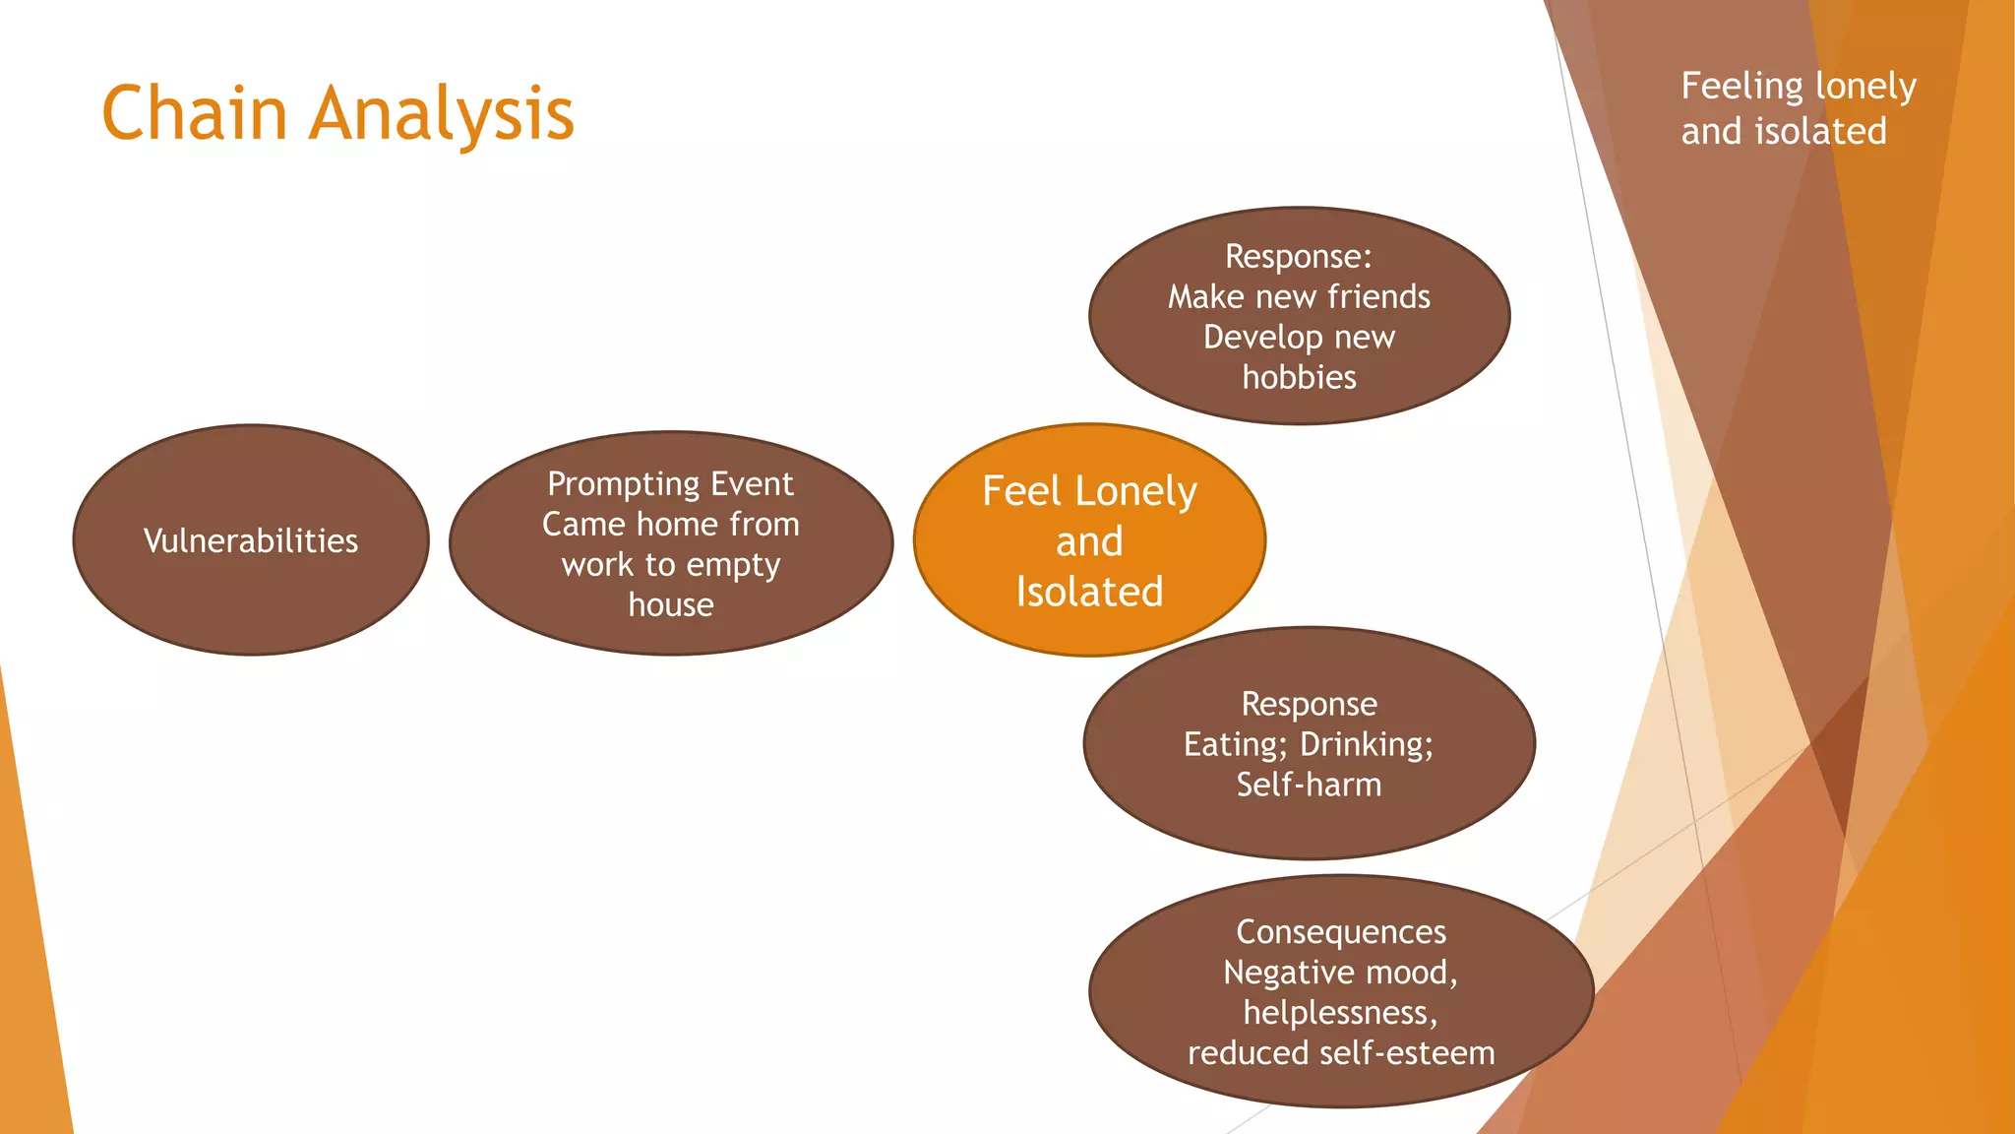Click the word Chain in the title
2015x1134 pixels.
(194, 113)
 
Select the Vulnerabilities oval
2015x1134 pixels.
(250, 540)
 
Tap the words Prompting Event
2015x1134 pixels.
(670, 484)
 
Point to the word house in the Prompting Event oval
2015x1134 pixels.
(671, 604)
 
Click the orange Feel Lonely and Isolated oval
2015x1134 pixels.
(1089, 540)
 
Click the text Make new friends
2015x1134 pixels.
(1299, 296)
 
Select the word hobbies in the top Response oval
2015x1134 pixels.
(1299, 377)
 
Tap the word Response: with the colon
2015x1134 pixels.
(1299, 256)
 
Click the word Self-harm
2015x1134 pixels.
(1309, 785)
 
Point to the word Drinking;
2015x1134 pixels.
(1367, 744)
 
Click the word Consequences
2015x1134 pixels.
(1340, 931)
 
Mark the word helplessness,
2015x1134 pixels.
(1340, 1012)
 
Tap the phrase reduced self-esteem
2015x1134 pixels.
(1340, 1053)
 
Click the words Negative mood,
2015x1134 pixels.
(1340, 973)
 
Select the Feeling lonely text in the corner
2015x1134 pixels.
(1798, 87)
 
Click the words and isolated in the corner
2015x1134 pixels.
(1783, 131)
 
